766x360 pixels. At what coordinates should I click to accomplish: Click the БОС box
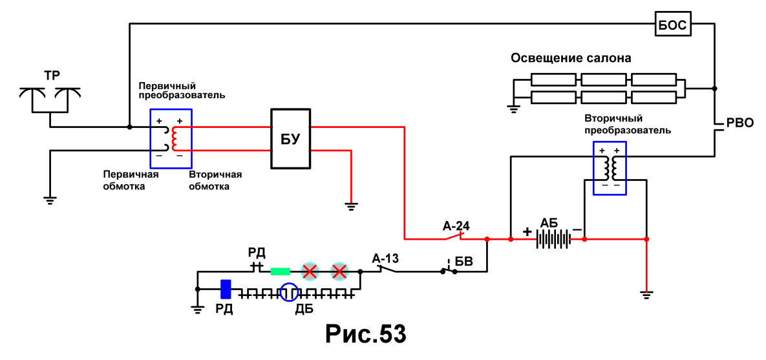pyautogui.click(x=674, y=25)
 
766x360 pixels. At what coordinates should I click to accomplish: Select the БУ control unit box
pyautogui.click(x=291, y=139)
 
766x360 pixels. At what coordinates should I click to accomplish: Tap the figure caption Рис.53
pyautogui.click(x=365, y=334)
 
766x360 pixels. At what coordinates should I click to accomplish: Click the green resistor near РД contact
pyautogui.click(x=281, y=271)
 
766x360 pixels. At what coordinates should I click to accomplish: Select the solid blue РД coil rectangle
pyautogui.click(x=226, y=289)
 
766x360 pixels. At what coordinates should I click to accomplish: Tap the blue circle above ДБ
pyautogui.click(x=288, y=292)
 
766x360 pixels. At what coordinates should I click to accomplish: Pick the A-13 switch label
pyautogui.click(x=385, y=259)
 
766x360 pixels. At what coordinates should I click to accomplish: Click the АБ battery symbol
pyautogui.click(x=555, y=240)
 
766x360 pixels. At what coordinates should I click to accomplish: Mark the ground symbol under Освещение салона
pyautogui.click(x=513, y=109)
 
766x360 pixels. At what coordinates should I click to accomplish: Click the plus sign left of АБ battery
pyautogui.click(x=527, y=231)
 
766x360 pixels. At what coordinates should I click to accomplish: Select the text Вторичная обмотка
pyautogui.click(x=215, y=180)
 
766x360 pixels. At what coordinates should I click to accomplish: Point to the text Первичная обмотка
pyautogui.click(x=131, y=180)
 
